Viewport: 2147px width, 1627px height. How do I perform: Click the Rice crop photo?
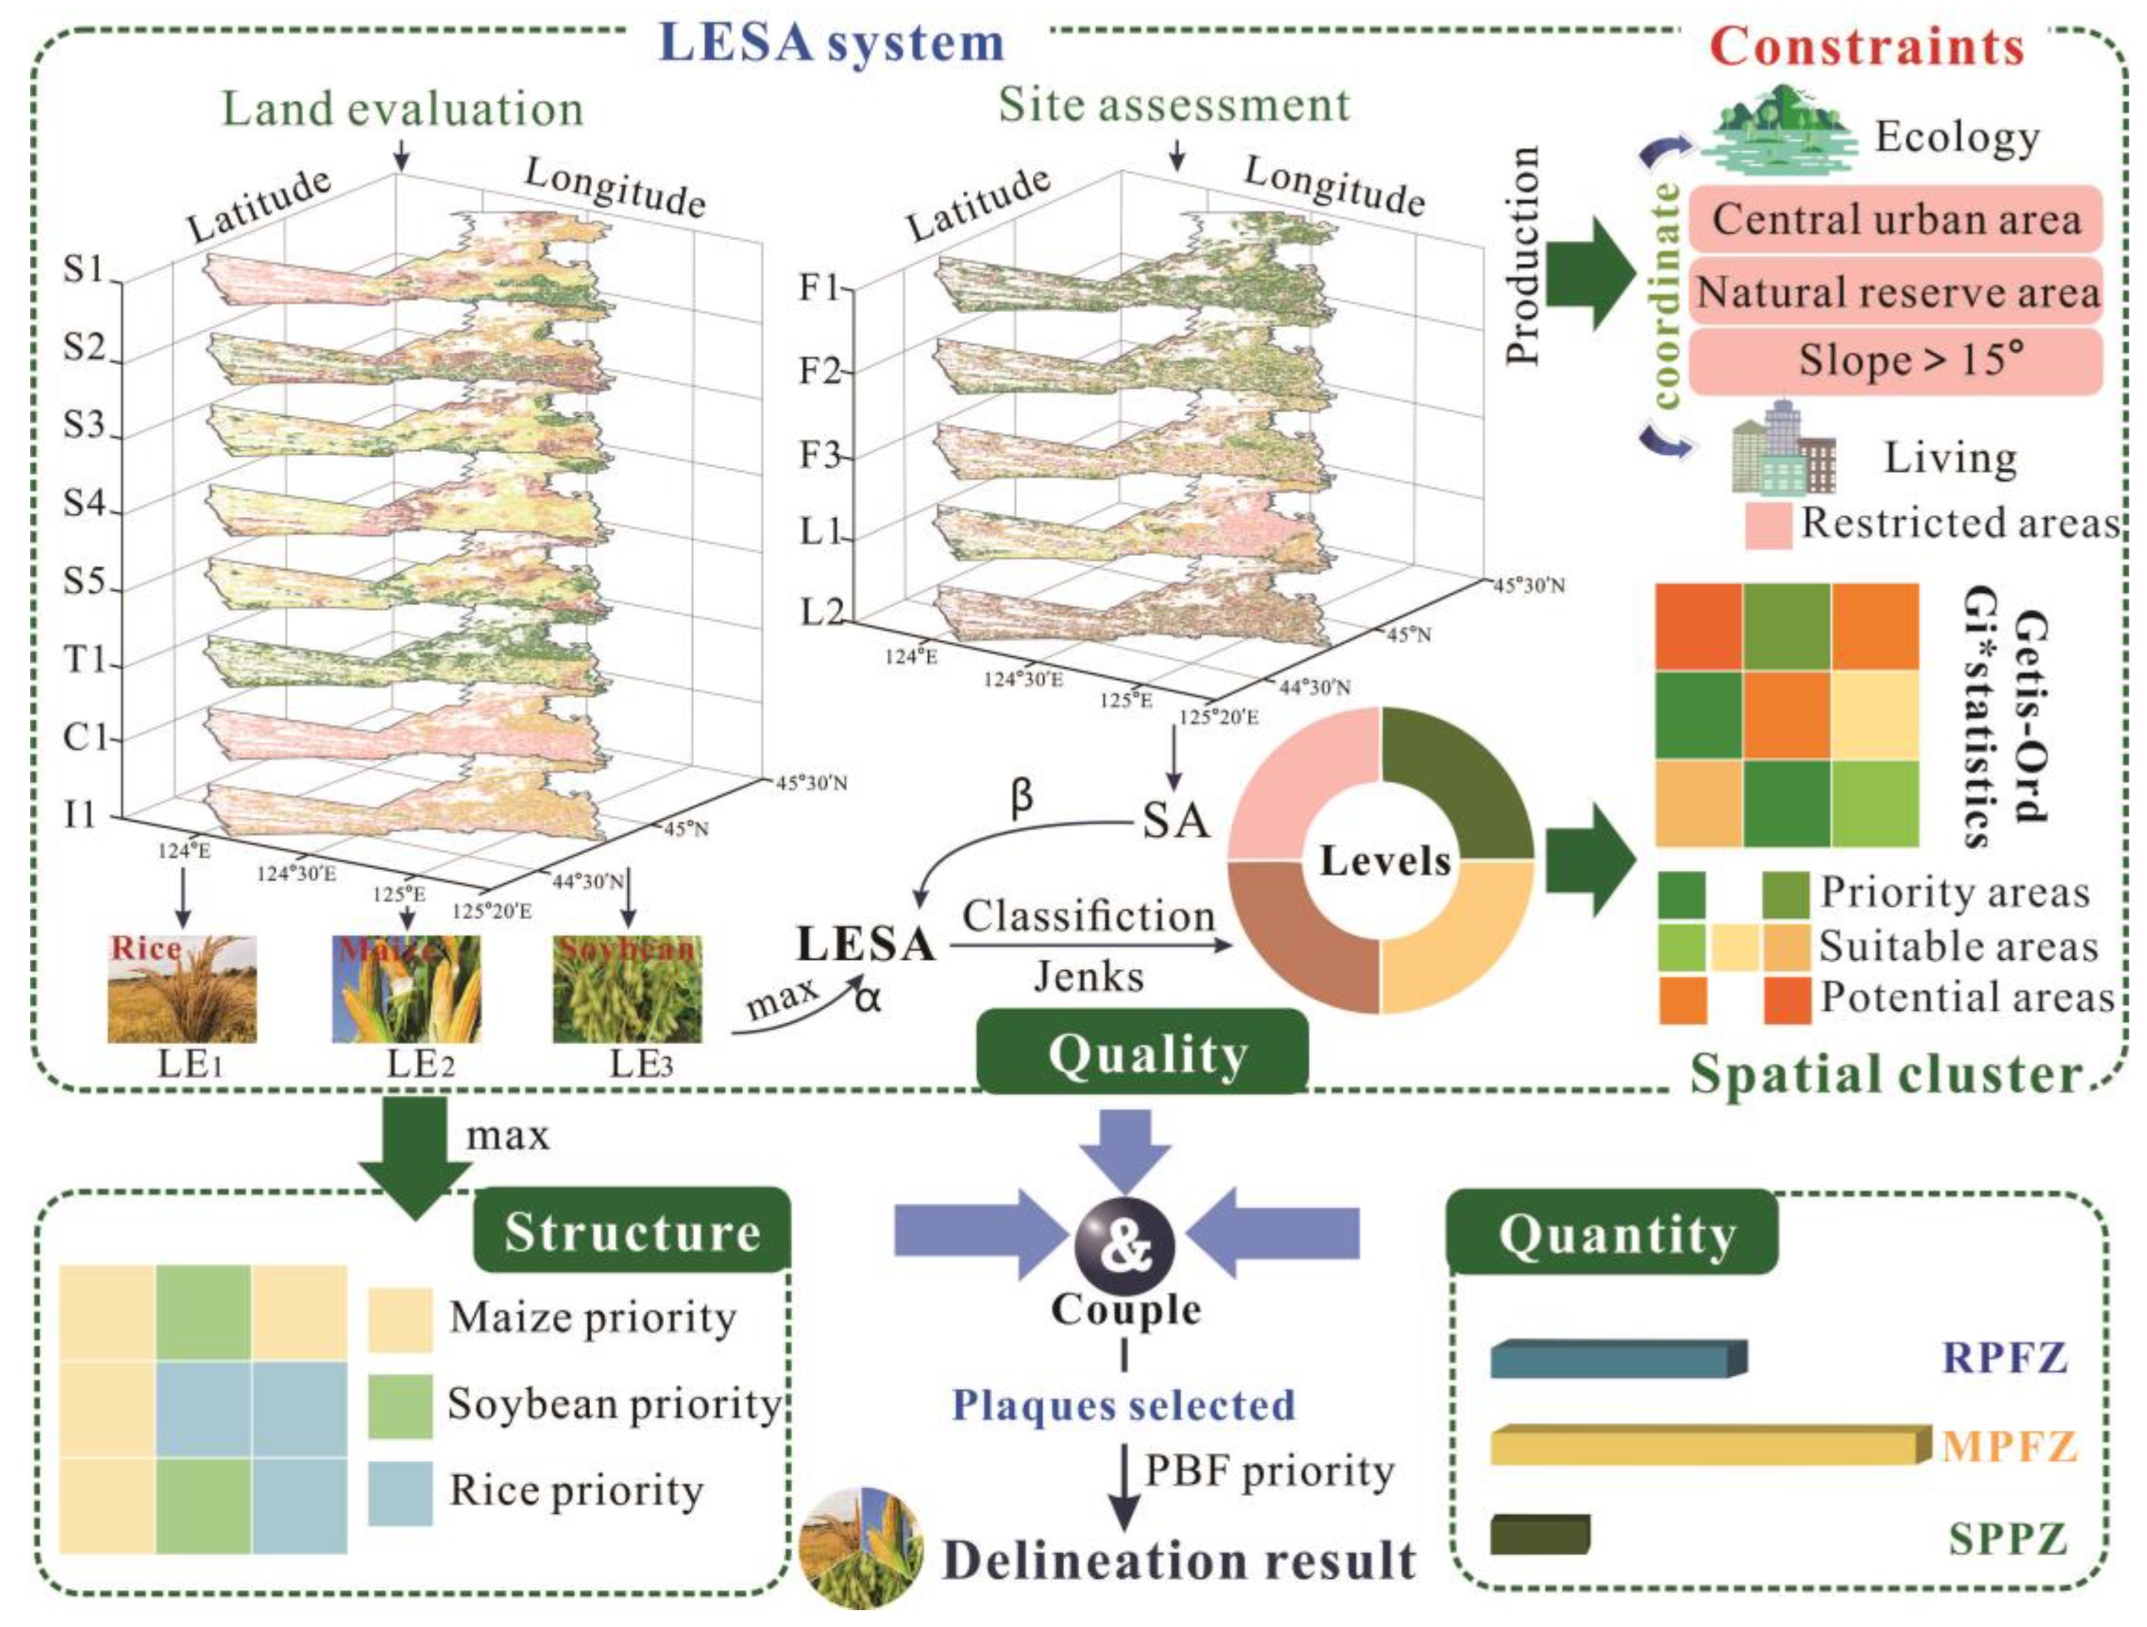(x=182, y=988)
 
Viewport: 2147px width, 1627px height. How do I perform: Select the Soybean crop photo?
(x=627, y=988)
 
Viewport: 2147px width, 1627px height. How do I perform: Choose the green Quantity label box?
(x=1615, y=1235)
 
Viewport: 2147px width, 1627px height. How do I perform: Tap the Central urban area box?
(x=1896, y=219)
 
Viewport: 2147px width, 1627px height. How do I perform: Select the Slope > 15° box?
(x=1896, y=361)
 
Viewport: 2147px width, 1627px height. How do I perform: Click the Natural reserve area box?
(x=1896, y=291)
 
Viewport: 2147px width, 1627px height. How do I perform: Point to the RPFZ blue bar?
(x=1616, y=1359)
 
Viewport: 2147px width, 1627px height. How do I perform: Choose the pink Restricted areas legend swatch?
(x=1767, y=525)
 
